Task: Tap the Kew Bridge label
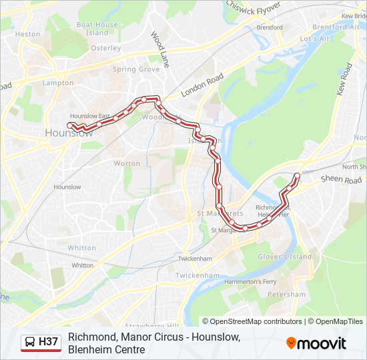354,16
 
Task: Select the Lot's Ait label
315,39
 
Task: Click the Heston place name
27,34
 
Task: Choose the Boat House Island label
97,29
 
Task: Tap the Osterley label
105,48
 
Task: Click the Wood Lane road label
160,45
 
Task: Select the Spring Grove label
135,69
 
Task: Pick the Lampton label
57,83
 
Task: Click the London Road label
202,86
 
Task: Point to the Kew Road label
344,79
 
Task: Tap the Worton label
127,163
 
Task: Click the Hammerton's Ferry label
251,282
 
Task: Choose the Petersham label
288,295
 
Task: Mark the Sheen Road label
340,180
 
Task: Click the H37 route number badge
49,342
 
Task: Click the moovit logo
316,343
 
